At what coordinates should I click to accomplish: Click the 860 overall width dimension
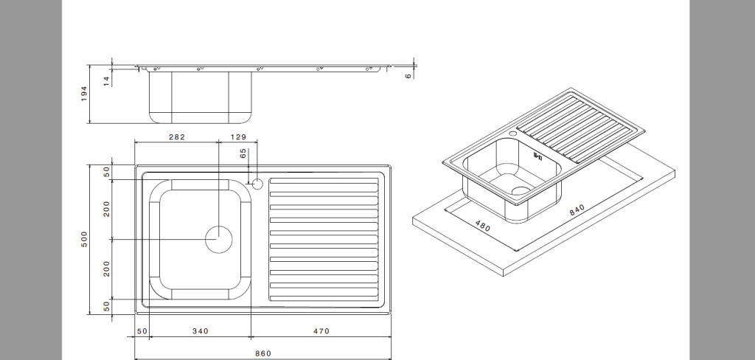[263, 353]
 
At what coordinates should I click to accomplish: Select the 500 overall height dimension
[84, 239]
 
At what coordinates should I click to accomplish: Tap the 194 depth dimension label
[84, 93]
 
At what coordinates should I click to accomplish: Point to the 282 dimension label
[176, 137]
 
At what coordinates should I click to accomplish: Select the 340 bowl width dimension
[200, 331]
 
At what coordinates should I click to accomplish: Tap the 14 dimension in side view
[106, 80]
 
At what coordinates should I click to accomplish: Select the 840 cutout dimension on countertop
[577, 210]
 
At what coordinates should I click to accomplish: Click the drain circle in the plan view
[218, 240]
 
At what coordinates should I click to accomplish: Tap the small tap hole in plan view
[257, 183]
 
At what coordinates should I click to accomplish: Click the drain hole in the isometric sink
[521, 191]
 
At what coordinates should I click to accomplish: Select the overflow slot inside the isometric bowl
[537, 156]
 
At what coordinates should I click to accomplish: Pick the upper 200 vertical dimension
[106, 210]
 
